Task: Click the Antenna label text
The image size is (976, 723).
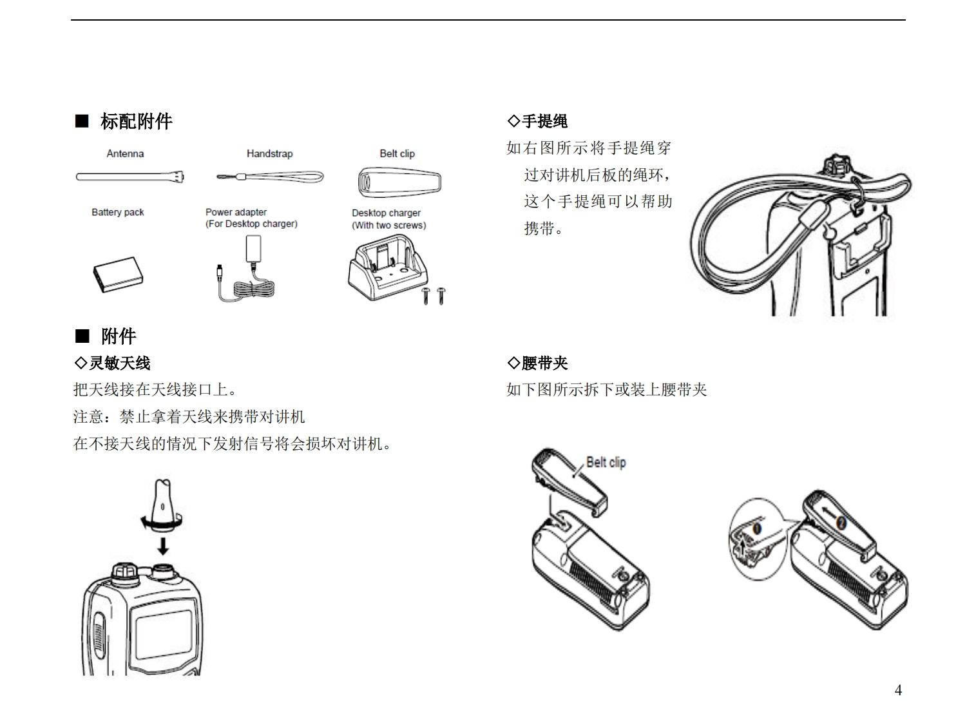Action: [125, 153]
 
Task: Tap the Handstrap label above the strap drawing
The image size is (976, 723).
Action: [269, 153]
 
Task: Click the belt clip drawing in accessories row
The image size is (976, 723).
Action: [399, 182]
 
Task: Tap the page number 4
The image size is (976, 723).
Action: [898, 690]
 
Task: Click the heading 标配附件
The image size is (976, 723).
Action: [136, 121]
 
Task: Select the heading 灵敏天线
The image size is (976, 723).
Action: [119, 363]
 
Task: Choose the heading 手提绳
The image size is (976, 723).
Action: [544, 121]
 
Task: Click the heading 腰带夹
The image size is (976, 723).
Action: [544, 363]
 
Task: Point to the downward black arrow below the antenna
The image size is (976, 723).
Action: [163, 546]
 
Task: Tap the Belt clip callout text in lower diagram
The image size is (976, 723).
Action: [606, 462]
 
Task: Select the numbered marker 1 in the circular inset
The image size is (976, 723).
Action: [757, 529]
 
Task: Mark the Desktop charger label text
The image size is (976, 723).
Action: [386, 213]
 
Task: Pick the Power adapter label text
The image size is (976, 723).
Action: [236, 212]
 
